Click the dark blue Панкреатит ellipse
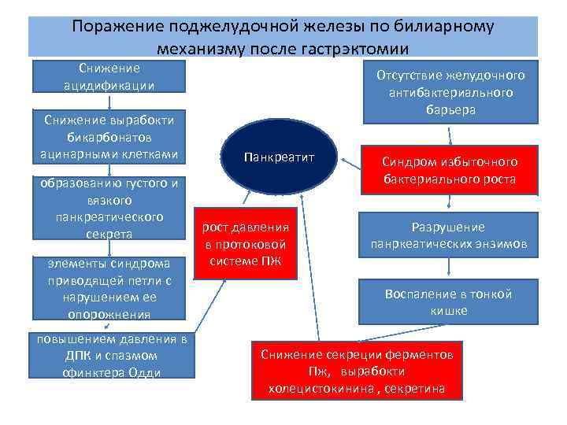(x=279, y=159)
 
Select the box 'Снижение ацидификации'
(x=109, y=76)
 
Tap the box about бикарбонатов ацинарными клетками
(x=109, y=136)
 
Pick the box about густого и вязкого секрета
(x=109, y=209)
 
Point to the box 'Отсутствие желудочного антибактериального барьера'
(x=450, y=93)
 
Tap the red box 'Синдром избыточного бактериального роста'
(x=450, y=170)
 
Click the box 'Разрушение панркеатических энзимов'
(x=449, y=235)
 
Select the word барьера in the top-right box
(x=450, y=110)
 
